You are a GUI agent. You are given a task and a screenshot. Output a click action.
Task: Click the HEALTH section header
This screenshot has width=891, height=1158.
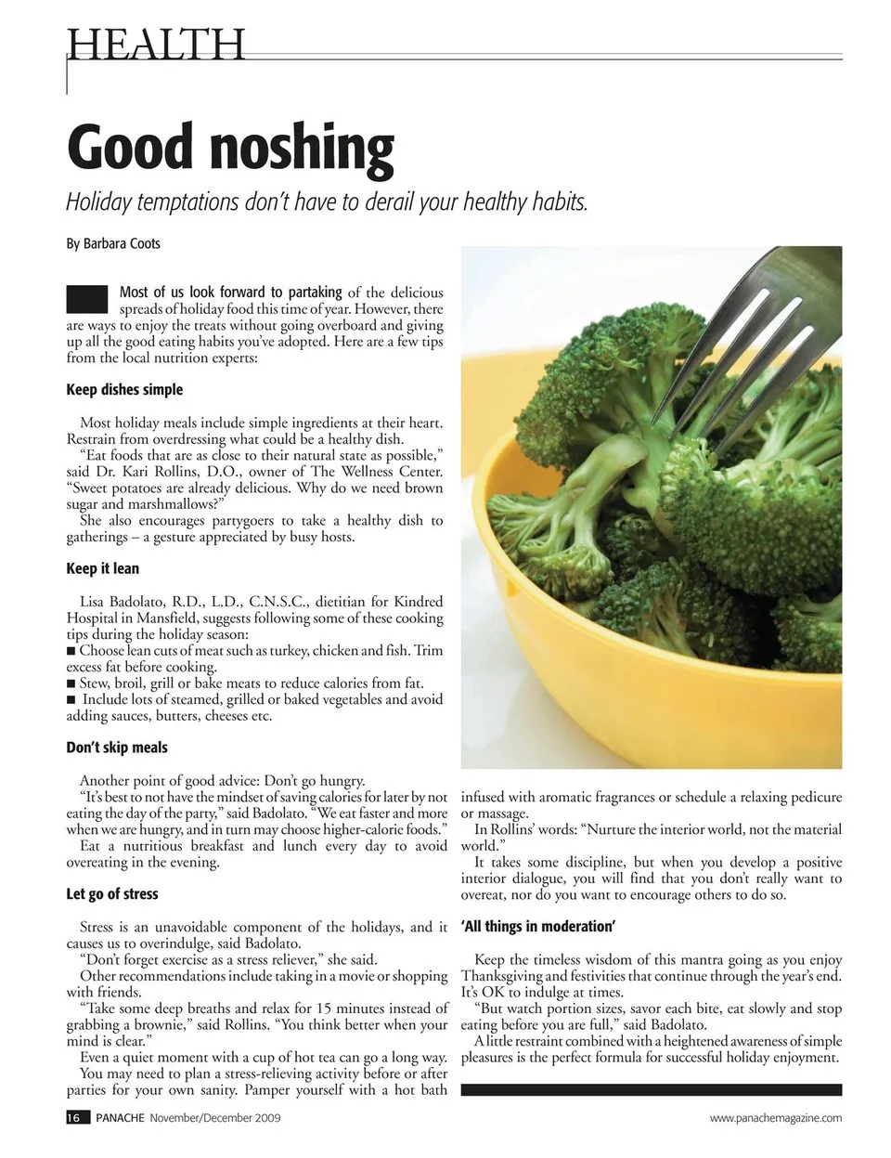pos(156,44)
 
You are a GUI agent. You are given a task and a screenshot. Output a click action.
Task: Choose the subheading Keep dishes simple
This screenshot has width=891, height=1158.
pos(124,389)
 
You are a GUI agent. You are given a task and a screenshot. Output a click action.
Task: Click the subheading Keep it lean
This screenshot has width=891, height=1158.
pos(102,568)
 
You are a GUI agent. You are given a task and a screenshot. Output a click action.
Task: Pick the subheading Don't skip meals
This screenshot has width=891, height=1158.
pos(117,748)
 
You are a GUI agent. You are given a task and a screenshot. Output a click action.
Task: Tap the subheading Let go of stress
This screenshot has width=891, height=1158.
pos(112,894)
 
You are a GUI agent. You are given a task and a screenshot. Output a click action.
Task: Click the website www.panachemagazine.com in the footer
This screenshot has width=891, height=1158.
pos(776,1118)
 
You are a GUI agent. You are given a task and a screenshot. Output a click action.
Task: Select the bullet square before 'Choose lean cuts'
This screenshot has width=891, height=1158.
pos(71,650)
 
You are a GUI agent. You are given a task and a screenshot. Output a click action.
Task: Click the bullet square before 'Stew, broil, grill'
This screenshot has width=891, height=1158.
pos(71,683)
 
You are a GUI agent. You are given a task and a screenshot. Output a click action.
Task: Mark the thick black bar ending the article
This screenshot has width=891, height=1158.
pos(651,1090)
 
